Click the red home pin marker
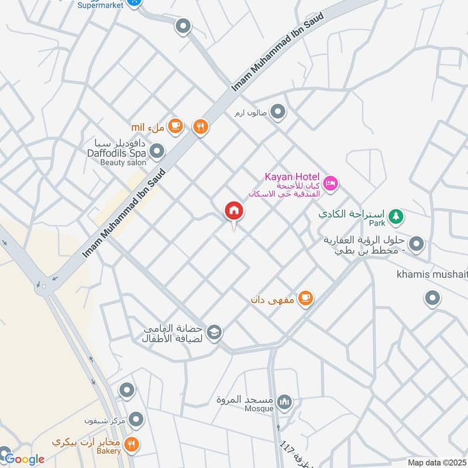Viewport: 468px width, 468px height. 234,211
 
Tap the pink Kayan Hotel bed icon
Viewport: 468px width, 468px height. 331,184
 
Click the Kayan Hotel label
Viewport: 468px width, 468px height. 292,177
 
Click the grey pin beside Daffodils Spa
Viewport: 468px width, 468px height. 157,153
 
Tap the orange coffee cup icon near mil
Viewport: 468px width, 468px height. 175,125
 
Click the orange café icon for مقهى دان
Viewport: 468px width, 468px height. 305,298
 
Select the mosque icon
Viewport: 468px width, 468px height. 285,402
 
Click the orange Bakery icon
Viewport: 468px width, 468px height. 132,444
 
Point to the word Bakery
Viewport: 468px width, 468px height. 109,451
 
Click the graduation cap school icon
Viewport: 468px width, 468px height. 215,332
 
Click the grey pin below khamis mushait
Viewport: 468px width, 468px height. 432,298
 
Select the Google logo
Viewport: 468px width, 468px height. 24,459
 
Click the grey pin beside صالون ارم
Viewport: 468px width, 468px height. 278,111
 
